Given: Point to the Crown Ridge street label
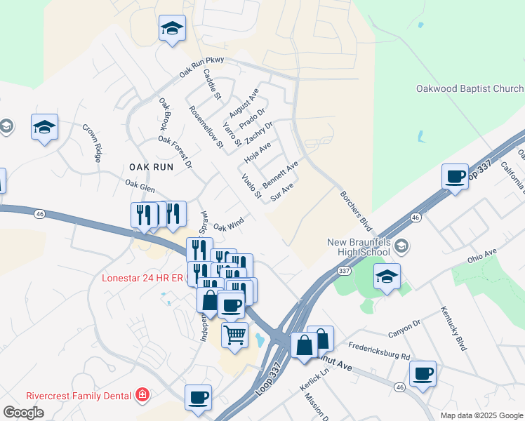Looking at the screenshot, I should [x=92, y=143].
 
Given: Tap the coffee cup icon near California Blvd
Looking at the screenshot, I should [x=455, y=175].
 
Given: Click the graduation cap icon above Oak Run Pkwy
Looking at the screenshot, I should [x=172, y=29].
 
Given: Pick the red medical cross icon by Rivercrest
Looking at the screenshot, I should [x=143, y=396].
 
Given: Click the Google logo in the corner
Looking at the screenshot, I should [x=23, y=413].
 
